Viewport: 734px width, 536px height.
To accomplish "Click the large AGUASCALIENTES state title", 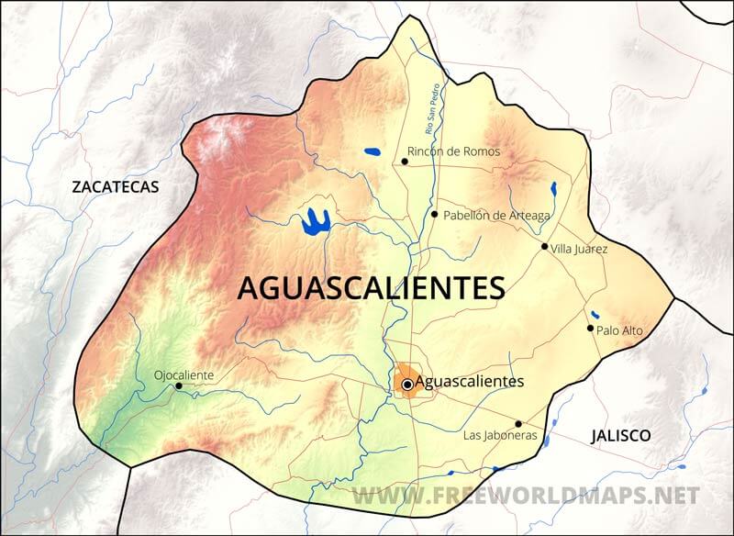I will (371, 287).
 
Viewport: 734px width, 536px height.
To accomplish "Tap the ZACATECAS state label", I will (116, 187).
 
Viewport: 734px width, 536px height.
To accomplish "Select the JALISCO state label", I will (620, 435).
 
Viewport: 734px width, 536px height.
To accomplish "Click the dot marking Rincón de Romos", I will (405, 162).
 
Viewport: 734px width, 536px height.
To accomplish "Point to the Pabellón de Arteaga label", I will (496, 216).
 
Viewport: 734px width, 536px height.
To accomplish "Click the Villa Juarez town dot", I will (544, 246).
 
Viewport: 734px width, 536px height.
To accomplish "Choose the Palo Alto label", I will (619, 330).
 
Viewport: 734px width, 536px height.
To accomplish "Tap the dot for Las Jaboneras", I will (518, 424).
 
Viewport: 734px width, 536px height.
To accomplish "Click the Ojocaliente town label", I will (183, 374).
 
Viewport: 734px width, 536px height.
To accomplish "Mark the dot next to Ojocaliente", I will (178, 386).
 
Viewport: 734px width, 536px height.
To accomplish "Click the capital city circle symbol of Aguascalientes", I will (407, 385).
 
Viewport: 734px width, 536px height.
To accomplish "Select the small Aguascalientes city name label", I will (469, 381).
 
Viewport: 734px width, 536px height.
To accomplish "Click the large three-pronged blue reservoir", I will (315, 221).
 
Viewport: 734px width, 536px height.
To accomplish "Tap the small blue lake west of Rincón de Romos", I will (372, 151).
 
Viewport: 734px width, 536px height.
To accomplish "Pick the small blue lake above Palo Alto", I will (595, 314).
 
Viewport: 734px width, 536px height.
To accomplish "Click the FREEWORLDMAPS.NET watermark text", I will (525, 497).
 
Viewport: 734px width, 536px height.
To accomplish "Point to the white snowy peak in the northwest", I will (217, 142).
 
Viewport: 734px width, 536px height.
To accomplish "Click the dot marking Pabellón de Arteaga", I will (434, 214).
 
